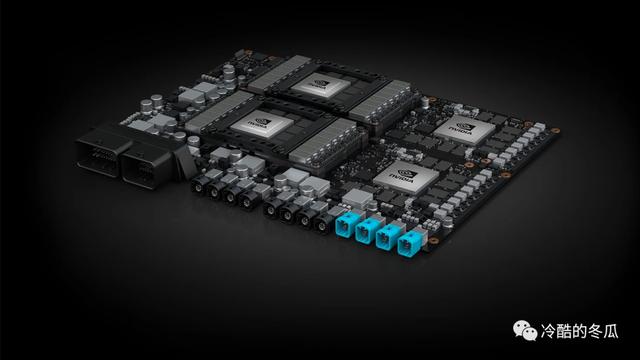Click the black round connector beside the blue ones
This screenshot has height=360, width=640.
point(320,222)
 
